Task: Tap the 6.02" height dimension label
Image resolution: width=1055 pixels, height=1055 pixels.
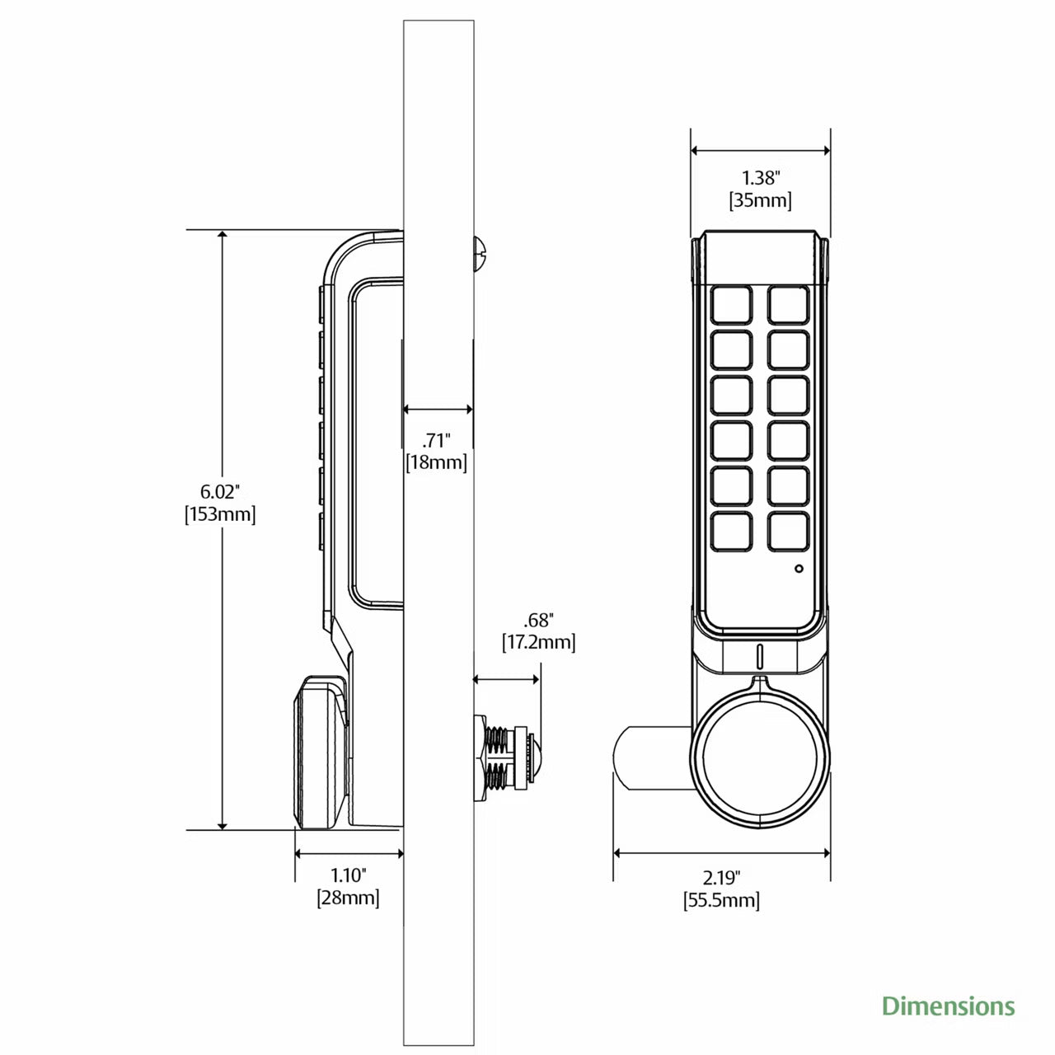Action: pyautogui.click(x=220, y=491)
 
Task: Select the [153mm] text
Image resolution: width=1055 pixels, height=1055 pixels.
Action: pyautogui.click(x=220, y=514)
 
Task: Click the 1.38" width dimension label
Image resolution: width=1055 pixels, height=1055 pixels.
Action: pyautogui.click(x=760, y=178)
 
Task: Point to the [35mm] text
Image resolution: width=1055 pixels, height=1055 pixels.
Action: pyautogui.click(x=760, y=200)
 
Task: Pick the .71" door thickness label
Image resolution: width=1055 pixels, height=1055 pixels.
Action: pyautogui.click(x=436, y=439)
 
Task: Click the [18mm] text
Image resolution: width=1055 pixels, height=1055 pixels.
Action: pyautogui.click(x=436, y=462)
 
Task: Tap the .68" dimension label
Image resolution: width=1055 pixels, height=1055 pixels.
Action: pyautogui.click(x=539, y=620)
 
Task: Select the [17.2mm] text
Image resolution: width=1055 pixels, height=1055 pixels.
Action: pyautogui.click(x=539, y=642)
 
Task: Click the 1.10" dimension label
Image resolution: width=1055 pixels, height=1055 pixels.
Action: pyautogui.click(x=348, y=875)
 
